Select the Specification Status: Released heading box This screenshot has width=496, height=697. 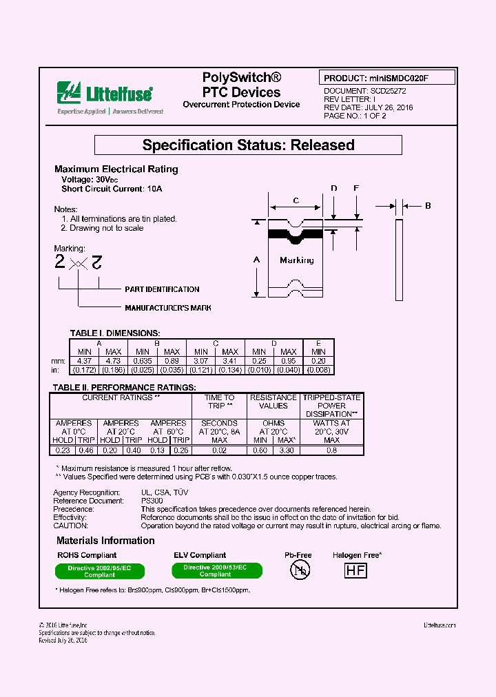click(x=248, y=145)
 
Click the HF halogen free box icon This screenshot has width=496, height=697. click(x=355, y=570)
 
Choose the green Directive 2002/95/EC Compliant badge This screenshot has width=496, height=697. click(x=99, y=571)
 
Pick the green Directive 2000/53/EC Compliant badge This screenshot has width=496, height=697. click(x=216, y=570)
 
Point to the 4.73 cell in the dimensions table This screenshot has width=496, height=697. click(x=113, y=360)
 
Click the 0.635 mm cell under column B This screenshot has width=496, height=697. click(x=142, y=360)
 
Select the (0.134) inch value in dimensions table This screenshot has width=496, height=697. click(x=230, y=370)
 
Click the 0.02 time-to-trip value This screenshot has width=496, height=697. click(x=220, y=450)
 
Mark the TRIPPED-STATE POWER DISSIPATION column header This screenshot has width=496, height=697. click(x=331, y=406)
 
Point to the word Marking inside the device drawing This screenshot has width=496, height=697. click(x=297, y=260)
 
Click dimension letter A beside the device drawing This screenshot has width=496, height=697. click(x=256, y=260)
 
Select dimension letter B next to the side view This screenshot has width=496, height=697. click(x=428, y=205)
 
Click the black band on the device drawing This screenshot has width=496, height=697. click(x=295, y=234)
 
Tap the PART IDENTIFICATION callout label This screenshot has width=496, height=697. click(x=162, y=289)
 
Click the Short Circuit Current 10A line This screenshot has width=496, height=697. click(x=112, y=189)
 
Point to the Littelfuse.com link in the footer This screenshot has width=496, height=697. click(x=440, y=625)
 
